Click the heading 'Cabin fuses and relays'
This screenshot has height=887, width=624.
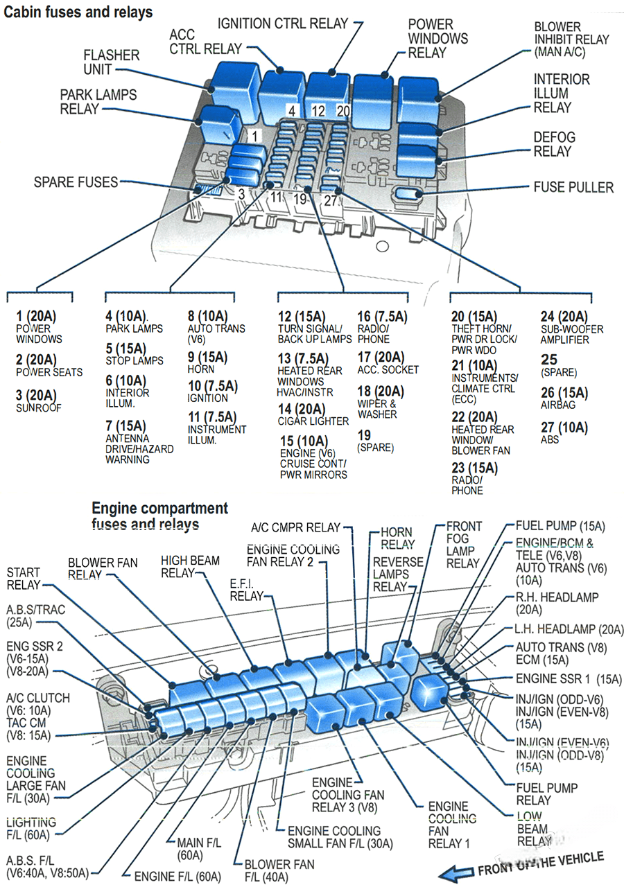point(78,12)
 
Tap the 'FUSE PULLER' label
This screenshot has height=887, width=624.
point(573,187)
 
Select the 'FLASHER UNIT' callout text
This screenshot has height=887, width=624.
point(112,62)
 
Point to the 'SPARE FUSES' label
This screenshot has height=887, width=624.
point(76,182)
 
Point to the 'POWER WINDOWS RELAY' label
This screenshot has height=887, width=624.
point(437,39)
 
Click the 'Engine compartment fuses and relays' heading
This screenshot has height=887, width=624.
point(159,516)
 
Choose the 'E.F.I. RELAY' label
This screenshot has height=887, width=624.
point(247,590)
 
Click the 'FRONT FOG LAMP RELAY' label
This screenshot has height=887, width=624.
point(462,545)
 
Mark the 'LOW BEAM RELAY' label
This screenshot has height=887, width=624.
point(533,829)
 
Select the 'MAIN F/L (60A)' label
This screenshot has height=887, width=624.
point(189,848)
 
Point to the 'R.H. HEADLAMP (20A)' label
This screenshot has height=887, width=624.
point(557,603)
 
